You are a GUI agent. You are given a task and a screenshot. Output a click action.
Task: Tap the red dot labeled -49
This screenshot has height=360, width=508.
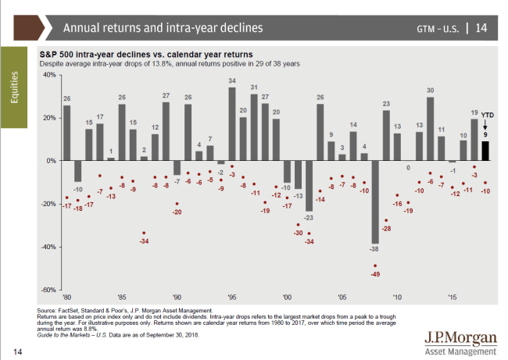click(x=375, y=266)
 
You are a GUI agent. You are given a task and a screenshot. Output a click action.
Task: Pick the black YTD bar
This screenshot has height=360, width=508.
click(x=485, y=151)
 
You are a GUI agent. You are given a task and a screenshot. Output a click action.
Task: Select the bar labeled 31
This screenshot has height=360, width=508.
click(x=254, y=127)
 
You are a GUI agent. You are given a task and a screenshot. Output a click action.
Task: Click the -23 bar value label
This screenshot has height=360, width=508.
click(x=309, y=217)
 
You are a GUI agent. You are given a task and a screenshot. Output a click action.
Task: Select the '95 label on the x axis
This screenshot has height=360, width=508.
click(x=232, y=297)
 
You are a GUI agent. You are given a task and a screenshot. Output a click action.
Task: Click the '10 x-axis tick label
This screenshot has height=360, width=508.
click(x=397, y=297)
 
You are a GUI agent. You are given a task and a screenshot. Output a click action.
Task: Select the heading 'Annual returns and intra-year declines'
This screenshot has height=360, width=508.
click(x=163, y=28)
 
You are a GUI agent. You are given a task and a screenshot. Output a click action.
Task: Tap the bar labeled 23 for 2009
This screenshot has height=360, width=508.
click(x=386, y=135)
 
